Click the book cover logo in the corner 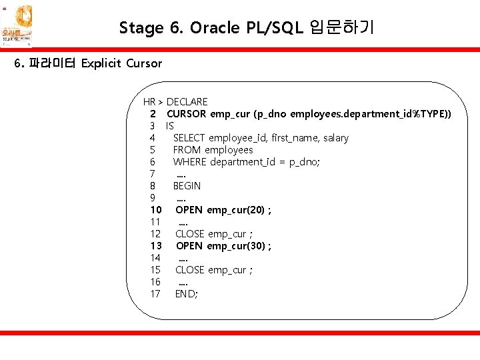(x=17, y=25)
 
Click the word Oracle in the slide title (x=212, y=27)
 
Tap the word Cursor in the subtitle (x=143, y=63)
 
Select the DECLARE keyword (x=187, y=102)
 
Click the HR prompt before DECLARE (x=149, y=102)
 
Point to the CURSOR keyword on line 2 (x=186, y=114)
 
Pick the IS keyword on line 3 (x=170, y=126)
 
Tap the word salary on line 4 (x=335, y=138)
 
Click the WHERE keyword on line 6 (x=189, y=162)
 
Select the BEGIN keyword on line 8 (x=187, y=186)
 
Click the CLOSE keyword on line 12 (x=189, y=234)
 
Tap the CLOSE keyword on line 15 (x=189, y=270)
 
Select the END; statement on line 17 (x=186, y=294)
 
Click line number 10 (x=155, y=210)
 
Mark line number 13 (x=155, y=246)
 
